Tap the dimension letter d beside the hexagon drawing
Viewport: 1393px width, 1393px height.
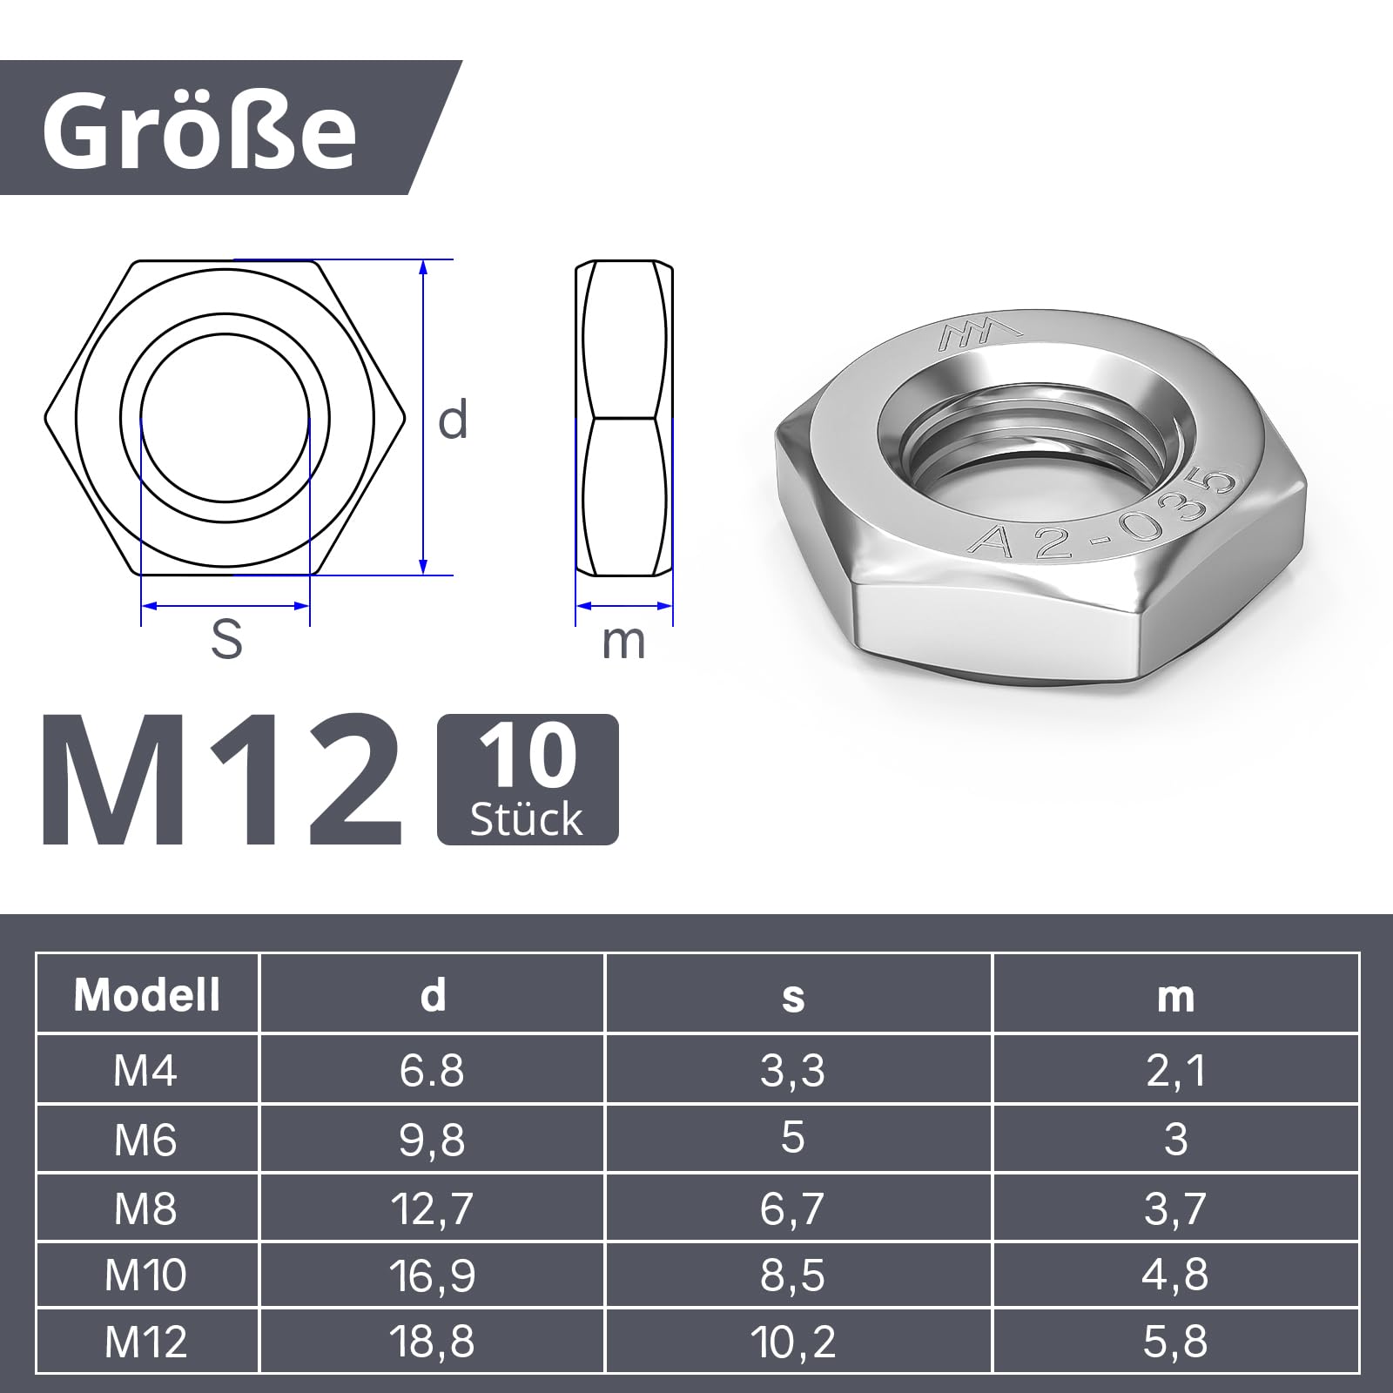[x=453, y=420]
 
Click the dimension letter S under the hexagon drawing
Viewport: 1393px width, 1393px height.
[x=226, y=640]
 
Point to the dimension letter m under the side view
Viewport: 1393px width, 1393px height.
[x=623, y=643]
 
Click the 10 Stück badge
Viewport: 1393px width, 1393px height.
[x=528, y=779]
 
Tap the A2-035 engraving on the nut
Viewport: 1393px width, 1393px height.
[x=1101, y=518]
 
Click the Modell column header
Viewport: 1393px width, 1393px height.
[x=147, y=994]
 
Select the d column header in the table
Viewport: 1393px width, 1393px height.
[x=433, y=994]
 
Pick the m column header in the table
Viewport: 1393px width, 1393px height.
[x=1175, y=996]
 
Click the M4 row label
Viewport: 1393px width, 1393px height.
[x=145, y=1070]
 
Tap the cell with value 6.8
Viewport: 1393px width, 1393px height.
[x=432, y=1070]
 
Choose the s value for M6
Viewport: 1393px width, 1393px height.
[x=792, y=1138]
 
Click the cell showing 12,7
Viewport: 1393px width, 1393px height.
[x=432, y=1208]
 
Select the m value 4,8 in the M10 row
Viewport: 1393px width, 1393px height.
[x=1175, y=1275]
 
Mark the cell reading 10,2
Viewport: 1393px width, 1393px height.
[x=792, y=1342]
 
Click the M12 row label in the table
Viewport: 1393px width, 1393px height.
[x=145, y=1342]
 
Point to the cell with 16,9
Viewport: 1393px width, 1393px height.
[x=432, y=1275]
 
